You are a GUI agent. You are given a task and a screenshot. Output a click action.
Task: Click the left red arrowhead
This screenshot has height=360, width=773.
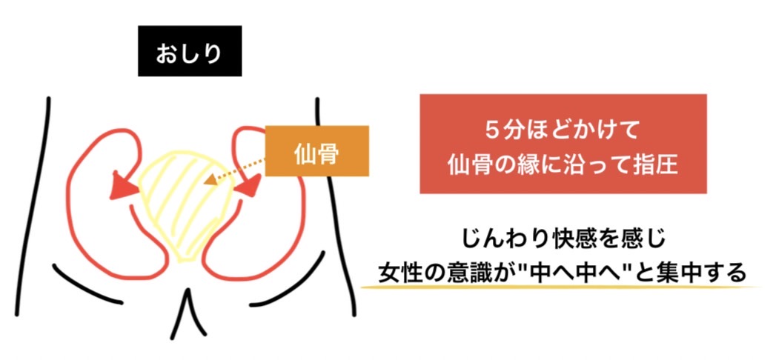point(118,185)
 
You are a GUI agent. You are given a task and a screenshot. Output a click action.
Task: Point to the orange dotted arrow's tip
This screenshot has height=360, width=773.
point(208,180)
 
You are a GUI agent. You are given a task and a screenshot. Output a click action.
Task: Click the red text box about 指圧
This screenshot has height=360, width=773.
point(563,144)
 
